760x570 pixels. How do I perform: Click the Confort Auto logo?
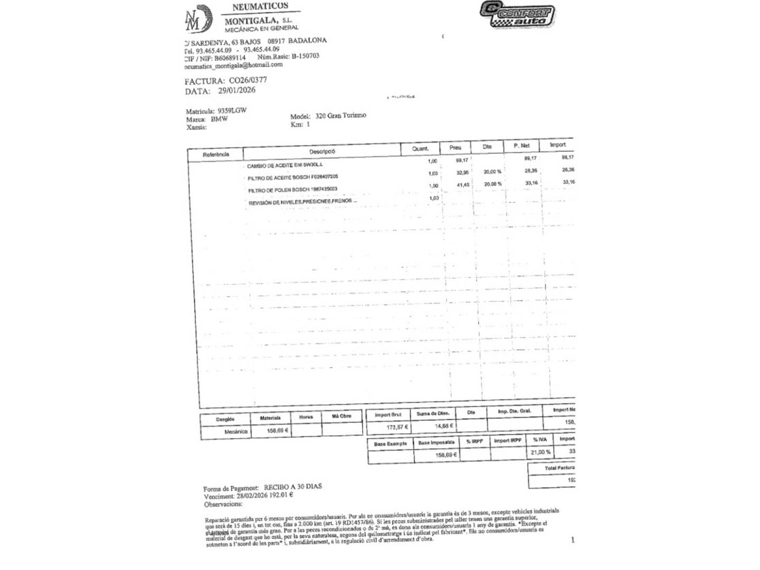coord(517,14)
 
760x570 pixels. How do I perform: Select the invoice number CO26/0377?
coord(248,80)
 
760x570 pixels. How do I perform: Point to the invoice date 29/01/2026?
coord(236,90)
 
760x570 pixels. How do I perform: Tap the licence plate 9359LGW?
coord(232,111)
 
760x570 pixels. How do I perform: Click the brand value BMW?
coord(219,119)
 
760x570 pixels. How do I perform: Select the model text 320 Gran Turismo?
coord(340,115)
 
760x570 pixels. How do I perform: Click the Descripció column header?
coord(322,151)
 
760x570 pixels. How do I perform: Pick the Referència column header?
coord(216,155)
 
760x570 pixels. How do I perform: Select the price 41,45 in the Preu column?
coord(463,185)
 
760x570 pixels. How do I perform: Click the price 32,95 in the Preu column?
coord(462,173)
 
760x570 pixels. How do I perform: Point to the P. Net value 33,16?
coord(530,183)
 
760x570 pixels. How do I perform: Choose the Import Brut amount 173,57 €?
coord(397,427)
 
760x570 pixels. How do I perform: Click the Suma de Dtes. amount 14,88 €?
coord(444,425)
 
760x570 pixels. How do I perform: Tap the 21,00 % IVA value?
coord(541,452)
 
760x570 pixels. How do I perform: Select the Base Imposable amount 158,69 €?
coord(446,454)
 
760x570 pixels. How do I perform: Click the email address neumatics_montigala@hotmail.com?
coord(233,65)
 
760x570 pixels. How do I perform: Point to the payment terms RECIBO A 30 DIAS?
coord(292,487)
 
